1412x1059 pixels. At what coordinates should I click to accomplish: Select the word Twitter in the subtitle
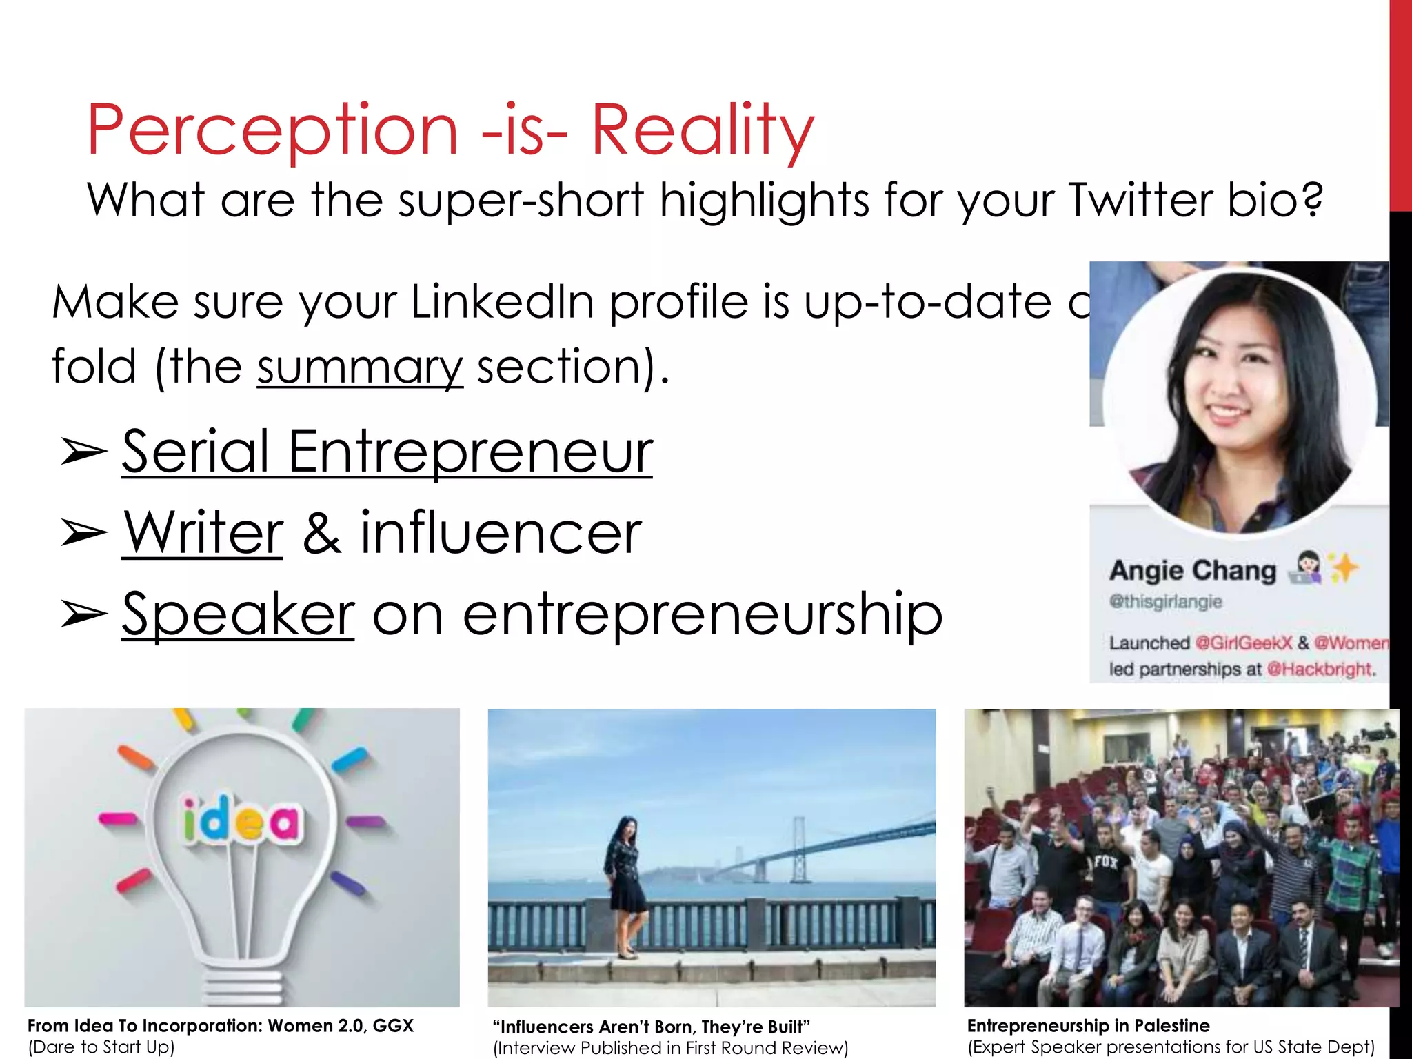tap(1140, 200)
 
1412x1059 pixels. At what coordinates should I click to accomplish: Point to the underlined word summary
tap(360, 367)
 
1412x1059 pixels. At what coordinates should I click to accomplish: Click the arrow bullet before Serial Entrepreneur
tap(83, 452)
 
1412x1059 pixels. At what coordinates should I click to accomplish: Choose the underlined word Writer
tap(203, 532)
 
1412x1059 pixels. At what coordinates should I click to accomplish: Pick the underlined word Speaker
tap(238, 614)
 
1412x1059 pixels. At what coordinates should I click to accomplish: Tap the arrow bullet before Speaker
tap(83, 614)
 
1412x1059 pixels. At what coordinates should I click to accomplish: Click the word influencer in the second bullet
tap(501, 532)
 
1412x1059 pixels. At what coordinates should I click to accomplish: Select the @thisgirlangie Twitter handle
tap(1165, 602)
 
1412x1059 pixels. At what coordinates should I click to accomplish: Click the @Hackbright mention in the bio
tap(1320, 669)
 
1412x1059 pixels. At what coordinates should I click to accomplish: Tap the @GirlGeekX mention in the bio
tap(1243, 643)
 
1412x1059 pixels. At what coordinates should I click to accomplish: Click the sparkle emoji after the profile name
tap(1344, 568)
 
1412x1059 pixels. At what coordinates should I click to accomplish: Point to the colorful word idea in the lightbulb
tap(241, 820)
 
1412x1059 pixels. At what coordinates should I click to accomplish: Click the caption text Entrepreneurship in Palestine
tap(1088, 1025)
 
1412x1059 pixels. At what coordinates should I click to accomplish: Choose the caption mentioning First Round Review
tap(670, 1048)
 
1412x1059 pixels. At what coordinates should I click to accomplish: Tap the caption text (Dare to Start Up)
tap(101, 1047)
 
